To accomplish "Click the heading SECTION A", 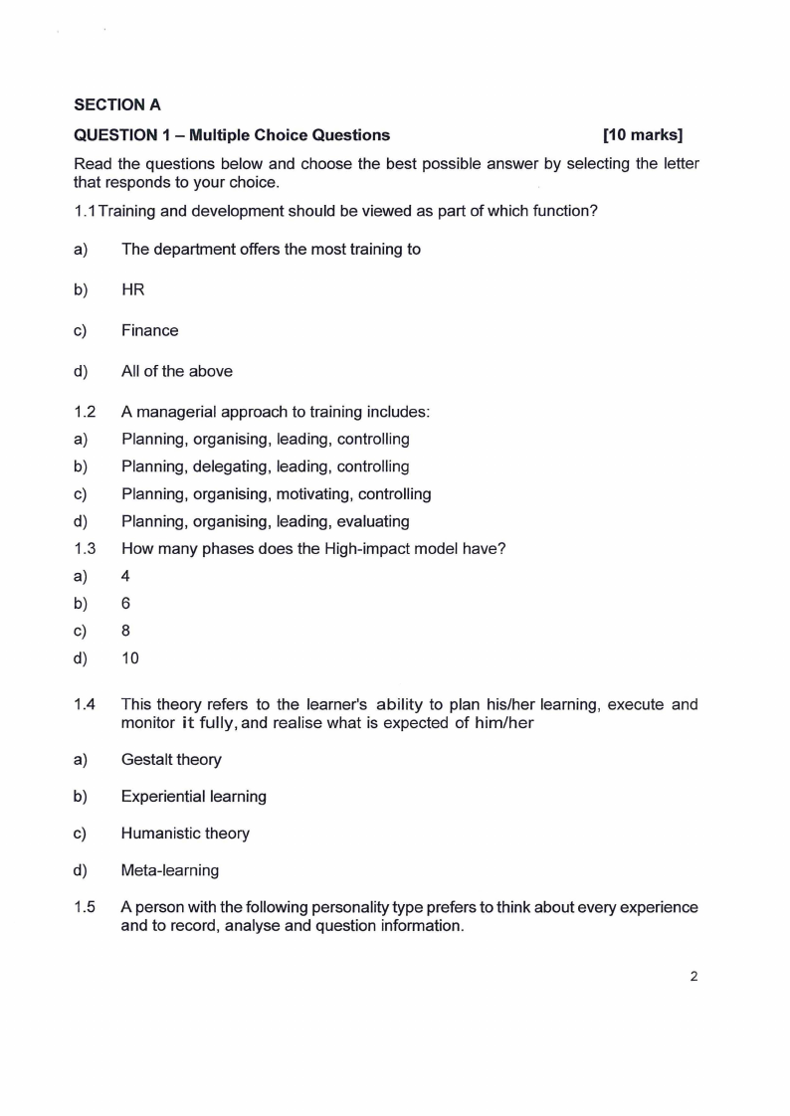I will point(117,103).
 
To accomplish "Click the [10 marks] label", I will point(643,135).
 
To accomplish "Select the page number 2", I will point(693,976).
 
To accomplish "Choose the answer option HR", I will point(133,289).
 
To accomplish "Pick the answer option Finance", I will point(149,330).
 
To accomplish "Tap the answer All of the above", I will point(176,371).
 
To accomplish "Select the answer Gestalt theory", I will point(171,760).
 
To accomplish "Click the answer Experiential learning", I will point(193,797).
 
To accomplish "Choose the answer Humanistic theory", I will point(185,834).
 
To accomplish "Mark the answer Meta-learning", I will point(169,870).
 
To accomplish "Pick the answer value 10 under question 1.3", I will point(130,657).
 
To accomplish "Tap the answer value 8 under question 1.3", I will point(125,631).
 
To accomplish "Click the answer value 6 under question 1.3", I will point(125,603).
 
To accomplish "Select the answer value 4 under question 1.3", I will point(125,576).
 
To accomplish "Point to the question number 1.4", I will point(85,705).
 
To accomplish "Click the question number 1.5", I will point(85,908).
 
